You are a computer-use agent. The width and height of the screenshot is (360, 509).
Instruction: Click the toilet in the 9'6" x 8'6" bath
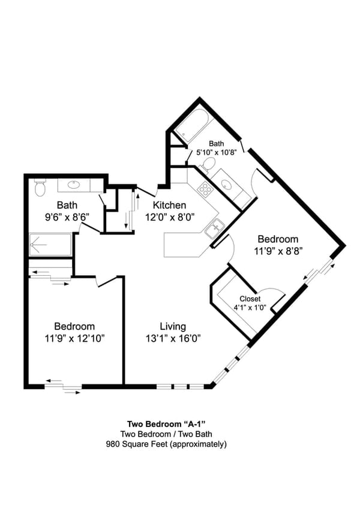[40, 188]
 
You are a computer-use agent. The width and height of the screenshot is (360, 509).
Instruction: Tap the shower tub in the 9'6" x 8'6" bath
[50, 245]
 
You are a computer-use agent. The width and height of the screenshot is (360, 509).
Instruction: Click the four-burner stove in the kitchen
[206, 190]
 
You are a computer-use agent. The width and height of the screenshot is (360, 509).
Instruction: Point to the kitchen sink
[214, 228]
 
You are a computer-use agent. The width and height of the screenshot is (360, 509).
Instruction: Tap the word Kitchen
[169, 205]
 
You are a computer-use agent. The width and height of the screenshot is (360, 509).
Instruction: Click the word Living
[172, 326]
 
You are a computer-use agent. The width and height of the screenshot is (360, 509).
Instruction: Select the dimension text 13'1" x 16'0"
[172, 338]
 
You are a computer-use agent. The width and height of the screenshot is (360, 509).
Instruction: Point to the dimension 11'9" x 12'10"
[74, 338]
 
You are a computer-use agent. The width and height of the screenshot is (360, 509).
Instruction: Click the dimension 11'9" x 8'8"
[278, 251]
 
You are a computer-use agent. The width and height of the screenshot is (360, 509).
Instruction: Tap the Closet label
[250, 299]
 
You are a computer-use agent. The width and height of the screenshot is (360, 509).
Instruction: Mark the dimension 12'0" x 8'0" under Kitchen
[169, 218]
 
